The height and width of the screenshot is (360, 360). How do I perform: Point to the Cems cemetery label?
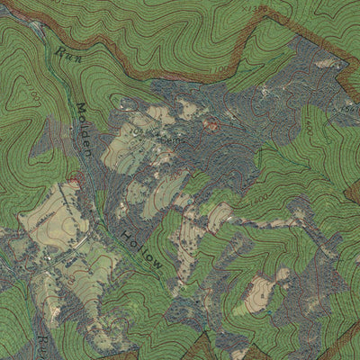point(175,139)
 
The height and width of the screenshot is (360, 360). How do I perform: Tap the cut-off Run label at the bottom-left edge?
point(42,344)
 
